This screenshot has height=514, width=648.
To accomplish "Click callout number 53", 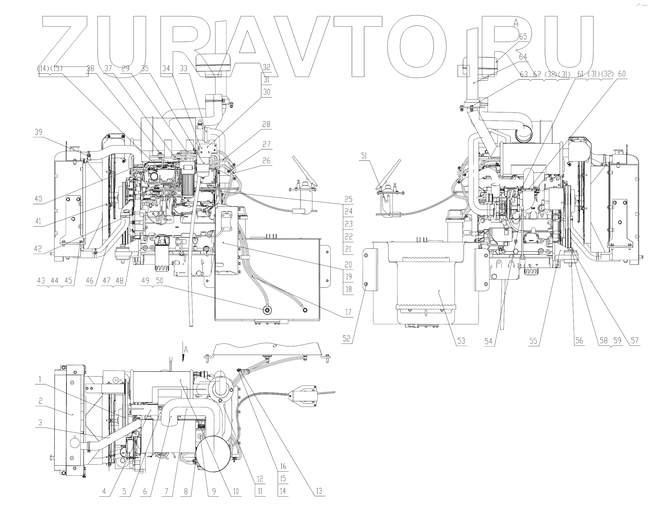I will pyautogui.click(x=461, y=341).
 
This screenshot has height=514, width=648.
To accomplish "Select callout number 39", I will pyautogui.click(x=38, y=132).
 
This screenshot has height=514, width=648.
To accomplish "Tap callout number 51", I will pyautogui.click(x=364, y=156).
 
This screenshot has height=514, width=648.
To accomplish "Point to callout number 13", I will pyautogui.click(x=319, y=491).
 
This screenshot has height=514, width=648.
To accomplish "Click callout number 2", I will pyautogui.click(x=40, y=401).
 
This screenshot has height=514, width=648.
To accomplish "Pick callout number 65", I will pyautogui.click(x=523, y=37).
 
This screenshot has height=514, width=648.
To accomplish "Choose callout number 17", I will pyautogui.click(x=348, y=312).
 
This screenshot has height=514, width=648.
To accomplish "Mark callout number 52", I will pyautogui.click(x=346, y=339).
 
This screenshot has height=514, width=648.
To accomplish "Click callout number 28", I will pyautogui.click(x=266, y=124).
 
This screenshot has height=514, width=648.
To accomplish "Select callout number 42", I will pyautogui.click(x=38, y=249).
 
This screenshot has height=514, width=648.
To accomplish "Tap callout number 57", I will pyautogui.click(x=635, y=341).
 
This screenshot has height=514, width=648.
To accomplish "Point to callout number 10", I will pyautogui.click(x=236, y=492).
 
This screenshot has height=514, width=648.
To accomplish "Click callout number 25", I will pyautogui.click(x=348, y=199).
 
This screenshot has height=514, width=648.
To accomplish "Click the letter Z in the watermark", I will pyautogui.click(x=65, y=47).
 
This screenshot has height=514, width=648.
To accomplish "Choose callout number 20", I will pyautogui.click(x=348, y=265).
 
